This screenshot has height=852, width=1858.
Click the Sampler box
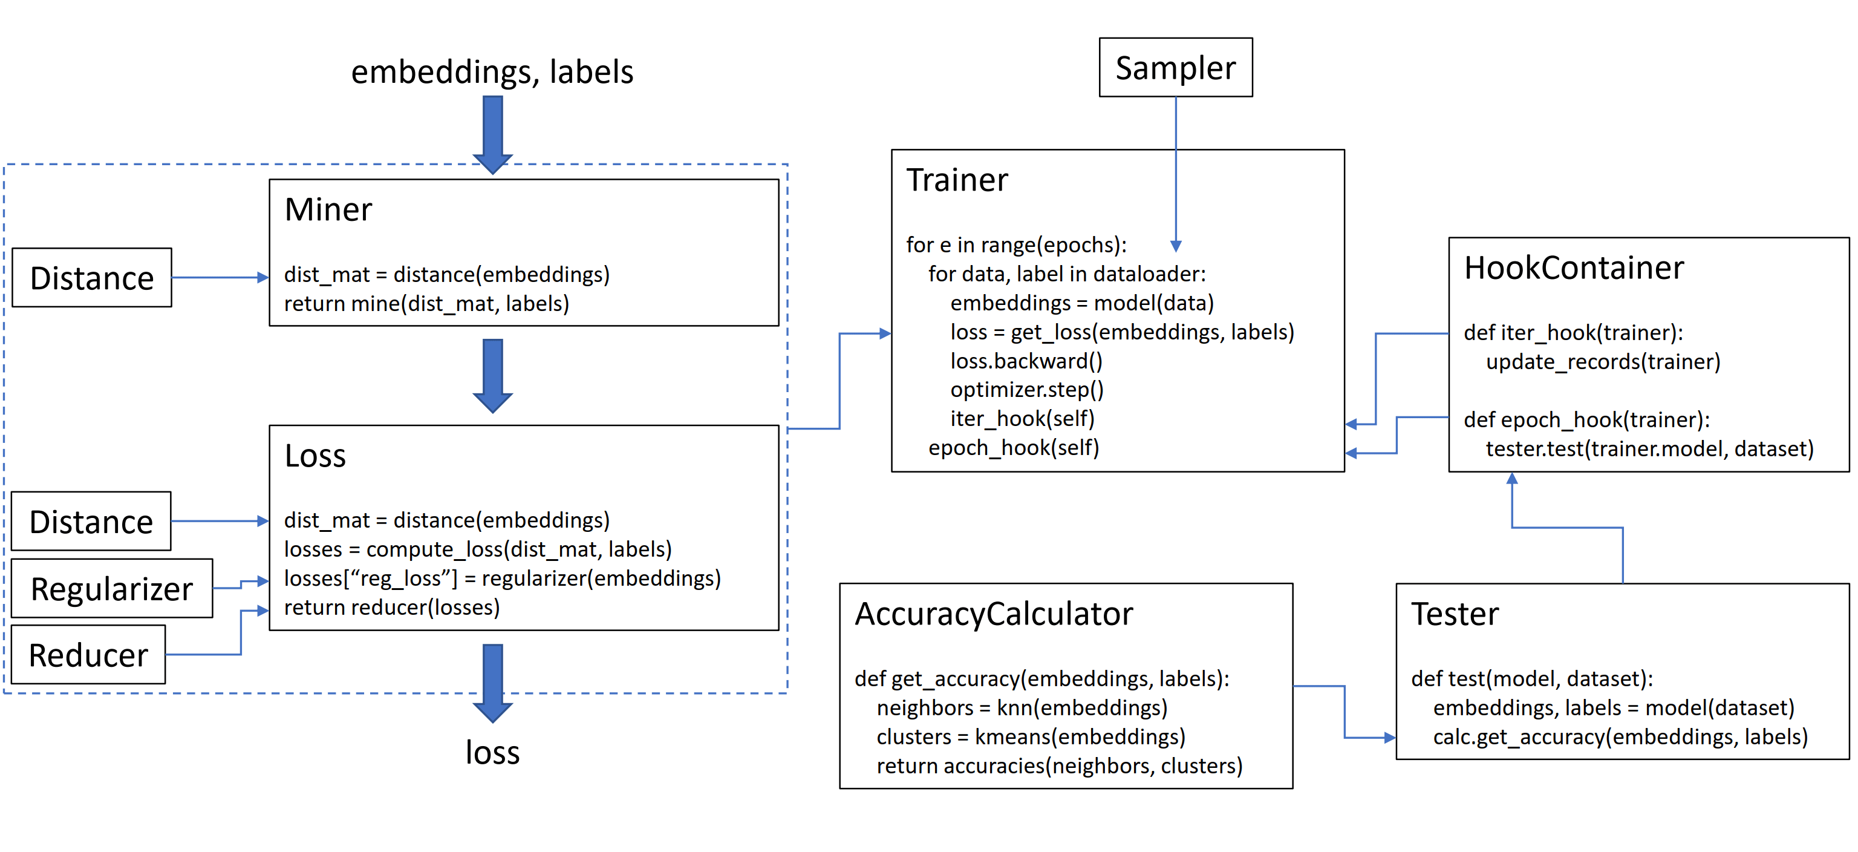coord(1175,68)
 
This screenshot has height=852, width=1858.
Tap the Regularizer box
coord(112,589)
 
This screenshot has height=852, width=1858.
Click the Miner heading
coord(328,210)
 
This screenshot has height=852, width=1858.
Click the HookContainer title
coord(1573,269)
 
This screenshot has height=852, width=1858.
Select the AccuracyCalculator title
coord(993,614)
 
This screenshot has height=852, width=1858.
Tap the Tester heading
coord(1454,614)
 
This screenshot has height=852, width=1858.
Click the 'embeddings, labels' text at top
coord(492,72)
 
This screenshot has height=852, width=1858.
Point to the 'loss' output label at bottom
coord(492,752)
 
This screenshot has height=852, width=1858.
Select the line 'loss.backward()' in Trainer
coord(1026,361)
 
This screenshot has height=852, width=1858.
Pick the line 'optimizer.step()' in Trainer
coord(1026,390)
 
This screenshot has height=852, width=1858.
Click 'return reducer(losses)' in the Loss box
coord(392,608)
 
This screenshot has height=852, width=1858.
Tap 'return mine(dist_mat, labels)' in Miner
coord(426,304)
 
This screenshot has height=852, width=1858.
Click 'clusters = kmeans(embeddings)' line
coord(1031,736)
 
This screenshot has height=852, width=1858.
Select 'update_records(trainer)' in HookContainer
coord(1603,361)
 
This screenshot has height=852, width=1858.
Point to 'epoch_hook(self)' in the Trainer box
coord(1014,448)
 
